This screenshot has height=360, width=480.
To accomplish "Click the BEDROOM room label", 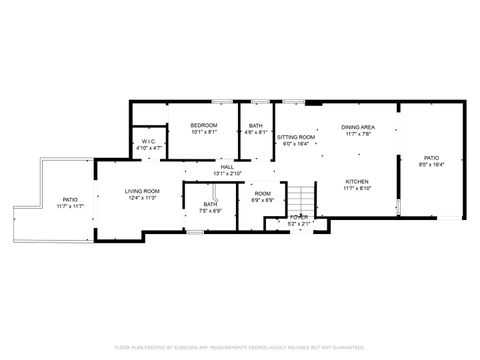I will pos(204,125).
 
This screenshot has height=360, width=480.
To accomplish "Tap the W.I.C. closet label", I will pos(148,142).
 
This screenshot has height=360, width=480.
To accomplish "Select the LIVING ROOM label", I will pos(143,191).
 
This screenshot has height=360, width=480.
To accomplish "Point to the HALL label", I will pos(228,166).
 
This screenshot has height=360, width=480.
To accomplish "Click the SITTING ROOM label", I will pos(296,137).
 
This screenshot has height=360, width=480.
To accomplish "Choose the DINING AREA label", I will pos(358,127).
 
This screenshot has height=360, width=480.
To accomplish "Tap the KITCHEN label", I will pos(358,182).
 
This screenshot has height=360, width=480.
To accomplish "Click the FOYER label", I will pos(299,217).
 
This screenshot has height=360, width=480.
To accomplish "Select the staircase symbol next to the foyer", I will pos(299,197).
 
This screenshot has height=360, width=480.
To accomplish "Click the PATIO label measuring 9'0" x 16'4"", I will pos(431,157).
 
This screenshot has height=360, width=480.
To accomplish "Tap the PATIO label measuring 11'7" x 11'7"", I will pos(70,200).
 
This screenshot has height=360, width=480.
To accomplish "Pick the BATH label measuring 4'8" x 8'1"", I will pos(257,125).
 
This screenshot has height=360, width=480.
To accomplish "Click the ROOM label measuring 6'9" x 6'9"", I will pos(262,193).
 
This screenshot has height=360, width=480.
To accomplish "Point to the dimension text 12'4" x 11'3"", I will pos(143,198).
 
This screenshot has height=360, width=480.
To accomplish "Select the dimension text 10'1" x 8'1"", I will pos(204,132).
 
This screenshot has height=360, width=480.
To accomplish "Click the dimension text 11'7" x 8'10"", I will pos(358,189).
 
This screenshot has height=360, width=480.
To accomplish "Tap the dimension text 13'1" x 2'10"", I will pos(228,173).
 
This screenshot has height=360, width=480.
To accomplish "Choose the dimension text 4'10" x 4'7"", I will pos(148,149).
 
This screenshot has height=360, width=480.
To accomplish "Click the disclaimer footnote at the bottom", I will pos(240,347).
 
